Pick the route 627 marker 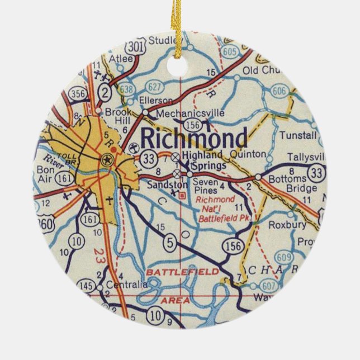pos(155,87)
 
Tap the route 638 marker pos(127,88)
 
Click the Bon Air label pos(47,172)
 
